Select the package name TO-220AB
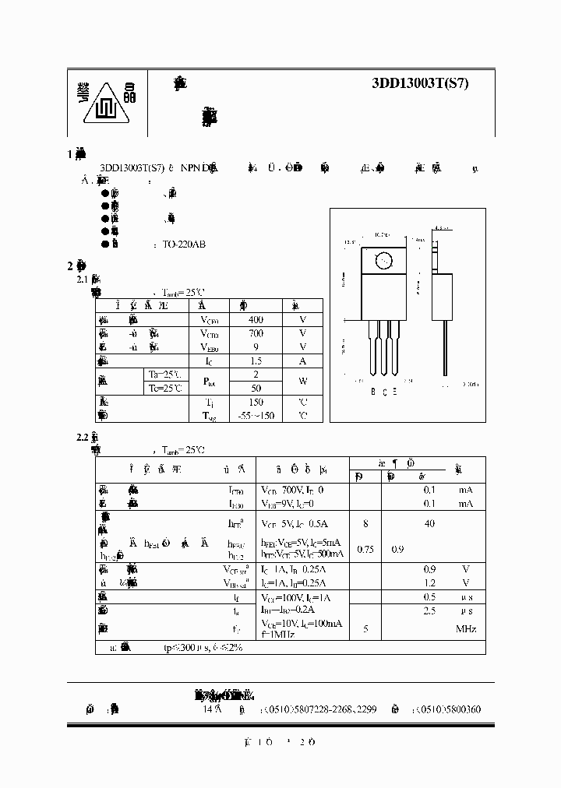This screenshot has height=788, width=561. pyautogui.click(x=184, y=244)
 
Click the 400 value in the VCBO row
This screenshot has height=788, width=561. pyautogui.click(x=256, y=319)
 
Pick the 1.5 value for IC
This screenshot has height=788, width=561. pyautogui.click(x=256, y=361)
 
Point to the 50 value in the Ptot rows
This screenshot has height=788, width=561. pyautogui.click(x=256, y=388)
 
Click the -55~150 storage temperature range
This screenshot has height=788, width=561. pyautogui.click(x=256, y=416)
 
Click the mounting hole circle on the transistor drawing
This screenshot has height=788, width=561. pyautogui.click(x=383, y=262)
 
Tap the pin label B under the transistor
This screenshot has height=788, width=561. pyautogui.click(x=372, y=392)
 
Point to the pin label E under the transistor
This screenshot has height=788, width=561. pyautogui.click(x=394, y=392)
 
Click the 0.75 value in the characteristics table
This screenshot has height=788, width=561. pyautogui.click(x=365, y=549)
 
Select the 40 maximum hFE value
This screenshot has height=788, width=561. pyautogui.click(x=429, y=524)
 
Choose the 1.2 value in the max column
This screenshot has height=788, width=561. pyautogui.click(x=429, y=582)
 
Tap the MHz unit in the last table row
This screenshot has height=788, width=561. pyautogui.click(x=465, y=628)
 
